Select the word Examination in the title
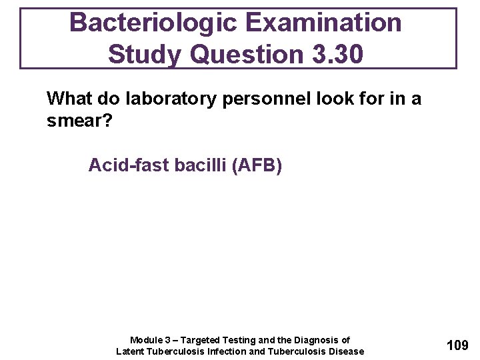tap(324, 23)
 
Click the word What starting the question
tap(70, 99)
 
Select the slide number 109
tap(457, 345)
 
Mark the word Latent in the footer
tap(131, 351)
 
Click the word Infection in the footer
tap(223, 351)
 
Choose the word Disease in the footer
tap(346, 351)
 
